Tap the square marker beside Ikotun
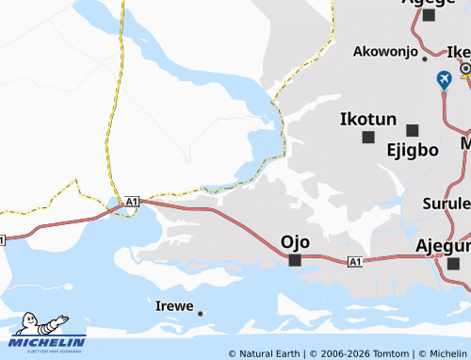coord(368,138)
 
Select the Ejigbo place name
coord(413,149)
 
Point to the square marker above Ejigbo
coord(412,130)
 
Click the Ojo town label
coord(295,242)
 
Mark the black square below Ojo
coord(295,260)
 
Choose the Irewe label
coord(174,306)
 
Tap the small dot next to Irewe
coord(200,313)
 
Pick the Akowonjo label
coord(385,52)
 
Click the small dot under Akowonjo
coord(424,58)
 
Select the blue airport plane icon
coord(444,81)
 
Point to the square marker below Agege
coord(430,15)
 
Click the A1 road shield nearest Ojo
coord(354,261)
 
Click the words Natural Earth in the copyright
coord(271,353)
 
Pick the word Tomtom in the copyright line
coord(391,353)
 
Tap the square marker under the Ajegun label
coord(453,263)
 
